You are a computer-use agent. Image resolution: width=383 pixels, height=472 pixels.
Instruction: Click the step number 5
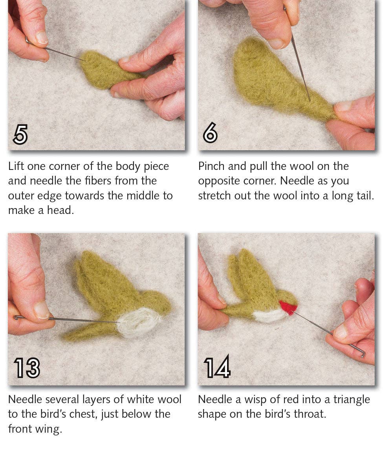(x=20, y=135)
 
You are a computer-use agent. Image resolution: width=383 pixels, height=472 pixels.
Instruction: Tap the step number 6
(x=210, y=135)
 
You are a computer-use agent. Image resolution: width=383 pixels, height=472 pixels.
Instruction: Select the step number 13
(x=27, y=368)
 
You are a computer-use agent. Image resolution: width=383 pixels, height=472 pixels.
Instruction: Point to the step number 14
(x=217, y=368)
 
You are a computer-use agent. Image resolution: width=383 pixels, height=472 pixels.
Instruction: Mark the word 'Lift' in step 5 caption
(x=16, y=166)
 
